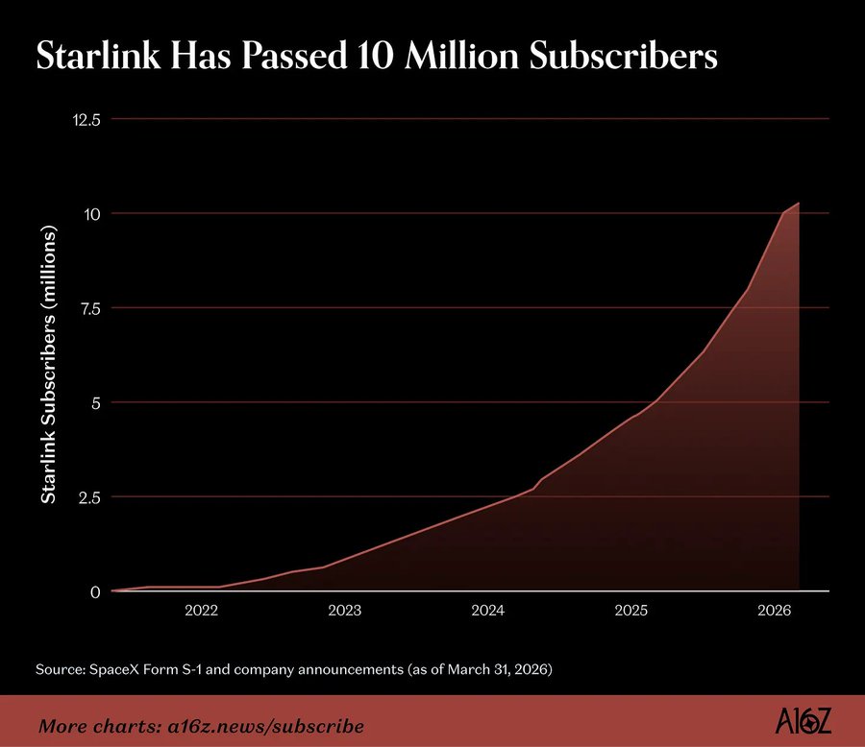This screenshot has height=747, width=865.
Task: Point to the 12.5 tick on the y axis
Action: [86, 120]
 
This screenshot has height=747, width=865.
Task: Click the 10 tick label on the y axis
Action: [91, 214]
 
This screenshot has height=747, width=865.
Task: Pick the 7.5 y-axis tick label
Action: [90, 309]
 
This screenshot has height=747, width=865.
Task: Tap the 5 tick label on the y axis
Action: [96, 403]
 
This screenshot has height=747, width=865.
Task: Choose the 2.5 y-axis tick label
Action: [89, 497]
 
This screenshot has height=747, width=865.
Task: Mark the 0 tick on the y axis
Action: [95, 592]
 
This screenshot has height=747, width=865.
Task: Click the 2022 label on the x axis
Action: [202, 611]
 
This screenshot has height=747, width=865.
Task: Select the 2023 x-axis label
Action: [345, 611]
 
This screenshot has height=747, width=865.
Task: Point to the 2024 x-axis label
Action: [487, 611]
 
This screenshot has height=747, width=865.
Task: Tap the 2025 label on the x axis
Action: [631, 611]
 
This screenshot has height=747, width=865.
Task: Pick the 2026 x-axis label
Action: [774, 611]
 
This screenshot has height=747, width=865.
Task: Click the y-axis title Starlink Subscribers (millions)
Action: [49, 365]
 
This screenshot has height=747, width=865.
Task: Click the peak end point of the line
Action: [799, 203]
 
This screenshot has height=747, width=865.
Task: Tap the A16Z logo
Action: [803, 722]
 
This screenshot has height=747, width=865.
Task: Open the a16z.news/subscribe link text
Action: [266, 726]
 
